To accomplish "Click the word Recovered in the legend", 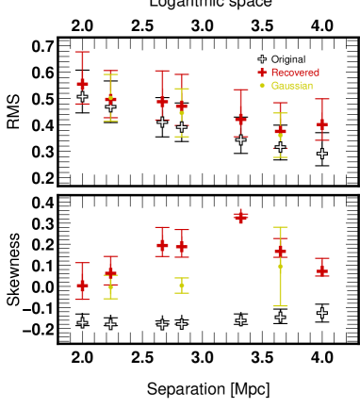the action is (295, 73).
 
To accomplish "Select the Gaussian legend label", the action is (291, 86).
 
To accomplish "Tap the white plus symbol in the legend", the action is (262, 59).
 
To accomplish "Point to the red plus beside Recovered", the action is (262, 73).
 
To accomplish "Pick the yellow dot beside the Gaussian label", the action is (262, 86).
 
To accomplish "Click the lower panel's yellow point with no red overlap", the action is (182, 286).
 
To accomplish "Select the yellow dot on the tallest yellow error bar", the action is (280, 266).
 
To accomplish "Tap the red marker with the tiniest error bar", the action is (240, 217).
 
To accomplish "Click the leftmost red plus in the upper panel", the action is (82, 84).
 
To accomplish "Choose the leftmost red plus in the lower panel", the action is (82, 284).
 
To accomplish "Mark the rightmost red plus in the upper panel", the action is (321, 123).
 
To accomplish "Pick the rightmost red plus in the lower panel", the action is (321, 270).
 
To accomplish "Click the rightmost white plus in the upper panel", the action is (321, 154).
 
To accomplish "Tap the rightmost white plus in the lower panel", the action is (321, 313).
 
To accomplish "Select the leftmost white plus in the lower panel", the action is (82, 323).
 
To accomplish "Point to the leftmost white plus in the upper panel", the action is (82, 96).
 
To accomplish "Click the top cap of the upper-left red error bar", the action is (82, 53).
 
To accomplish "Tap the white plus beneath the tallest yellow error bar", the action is (280, 318).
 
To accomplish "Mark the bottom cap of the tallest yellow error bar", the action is (280, 306).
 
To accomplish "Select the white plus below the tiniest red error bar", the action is (240, 320).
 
